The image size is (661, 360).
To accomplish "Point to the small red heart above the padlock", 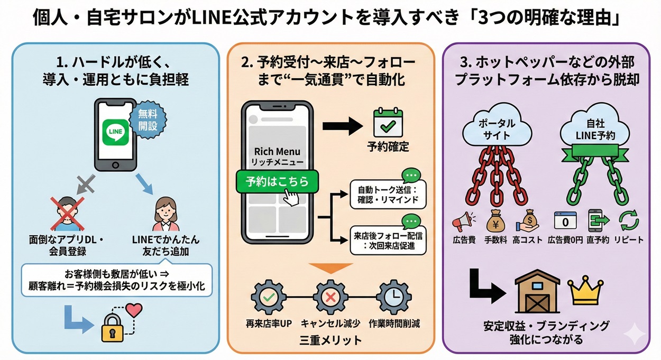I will coord(135,309).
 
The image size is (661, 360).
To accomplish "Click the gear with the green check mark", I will coord(268,298).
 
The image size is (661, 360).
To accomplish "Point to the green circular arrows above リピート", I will coord(628,219).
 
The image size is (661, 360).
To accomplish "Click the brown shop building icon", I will coord(537,291).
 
